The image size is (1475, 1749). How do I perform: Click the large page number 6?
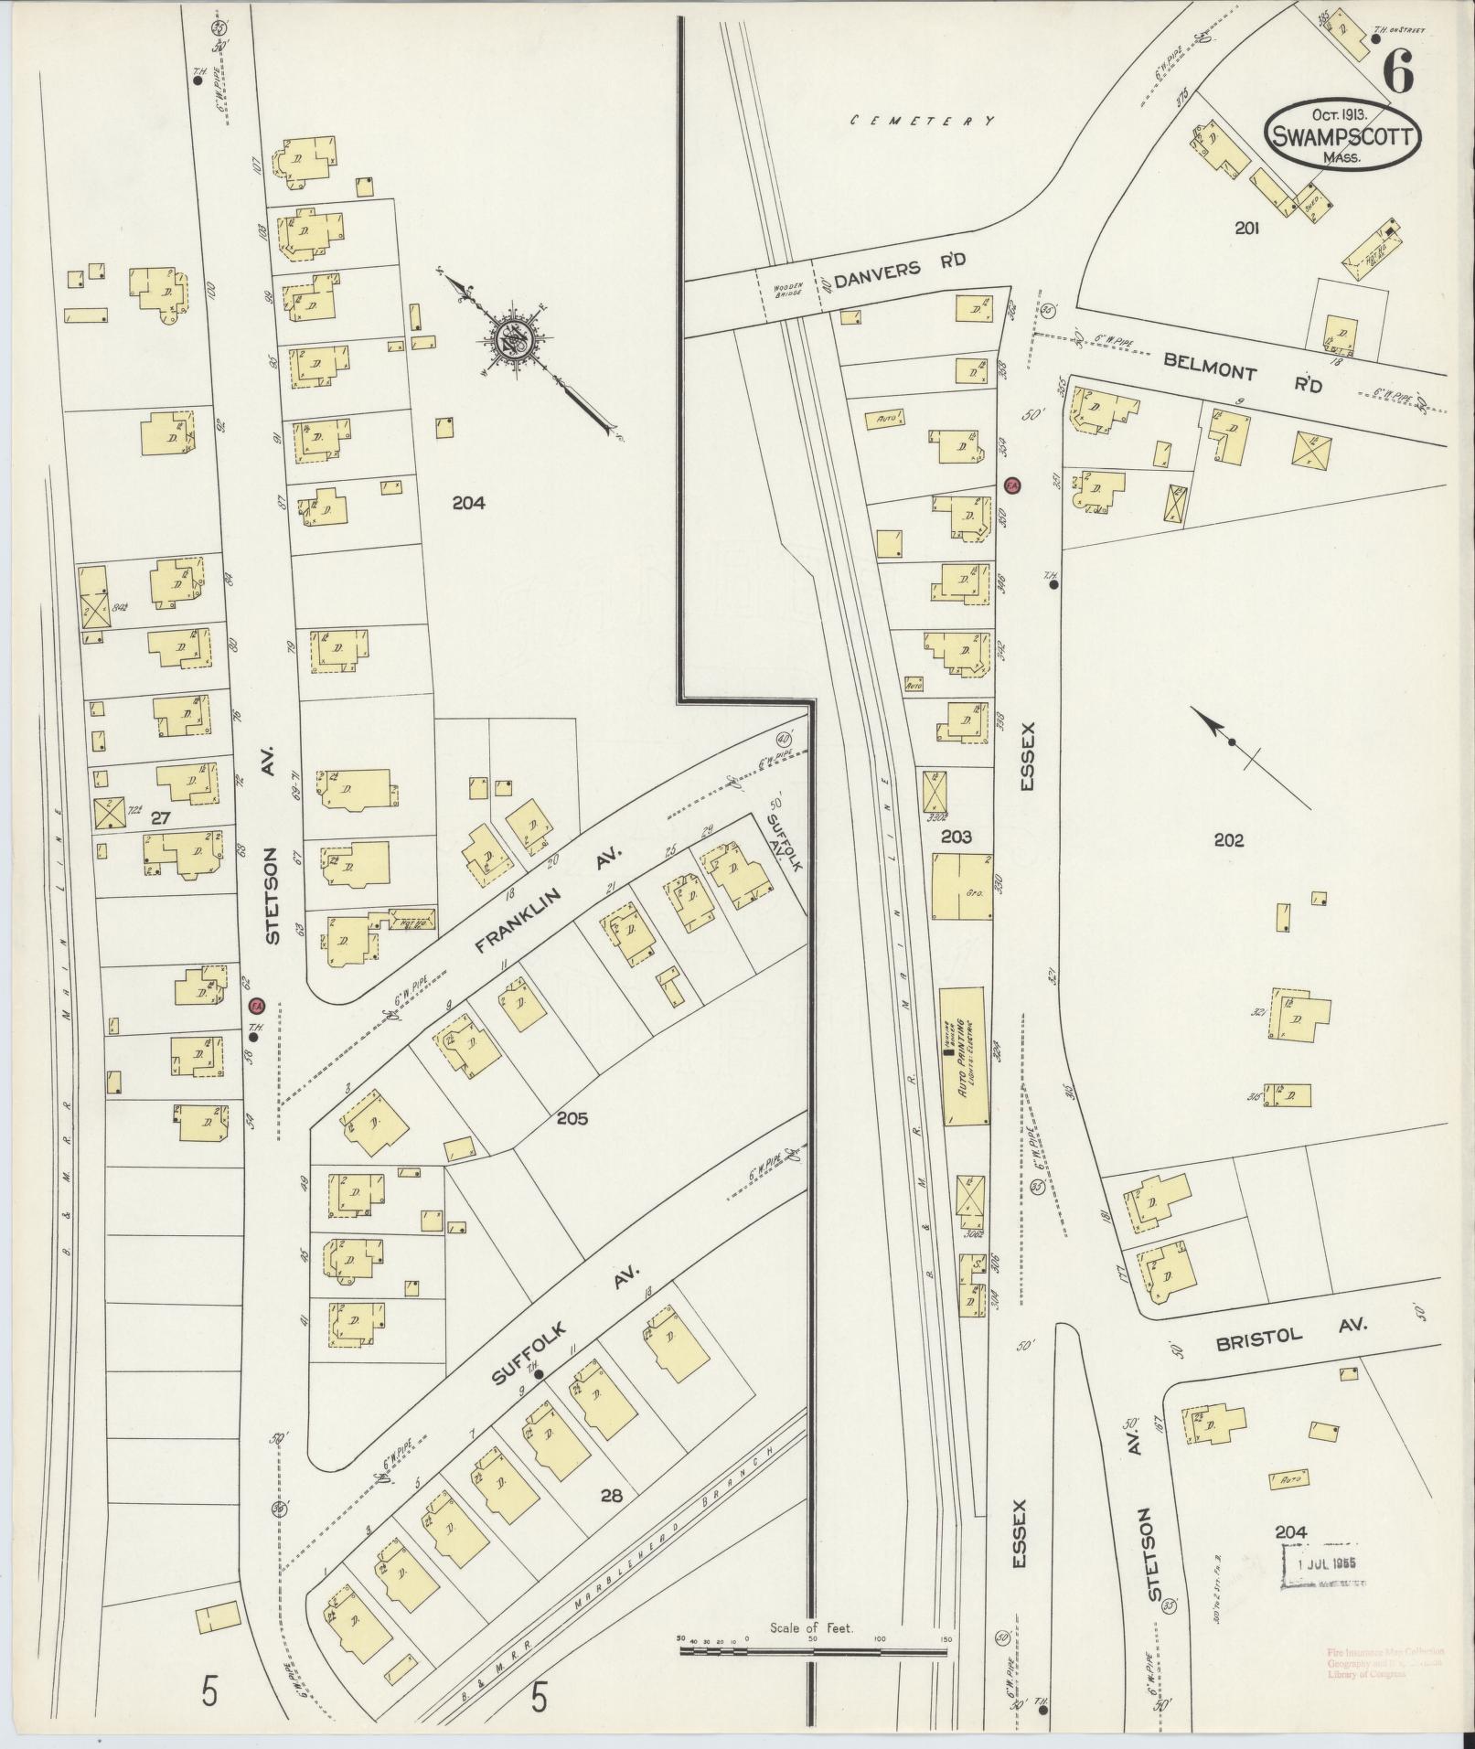(x=1399, y=72)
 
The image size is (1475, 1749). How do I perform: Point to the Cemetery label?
(x=922, y=120)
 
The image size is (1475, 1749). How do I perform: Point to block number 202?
(x=1228, y=839)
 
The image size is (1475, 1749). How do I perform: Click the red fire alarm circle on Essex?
(x=1012, y=485)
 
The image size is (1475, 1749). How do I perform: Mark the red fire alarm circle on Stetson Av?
(x=257, y=1005)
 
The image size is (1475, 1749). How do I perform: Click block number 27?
(x=160, y=818)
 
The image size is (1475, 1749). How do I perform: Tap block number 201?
(x=1246, y=229)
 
